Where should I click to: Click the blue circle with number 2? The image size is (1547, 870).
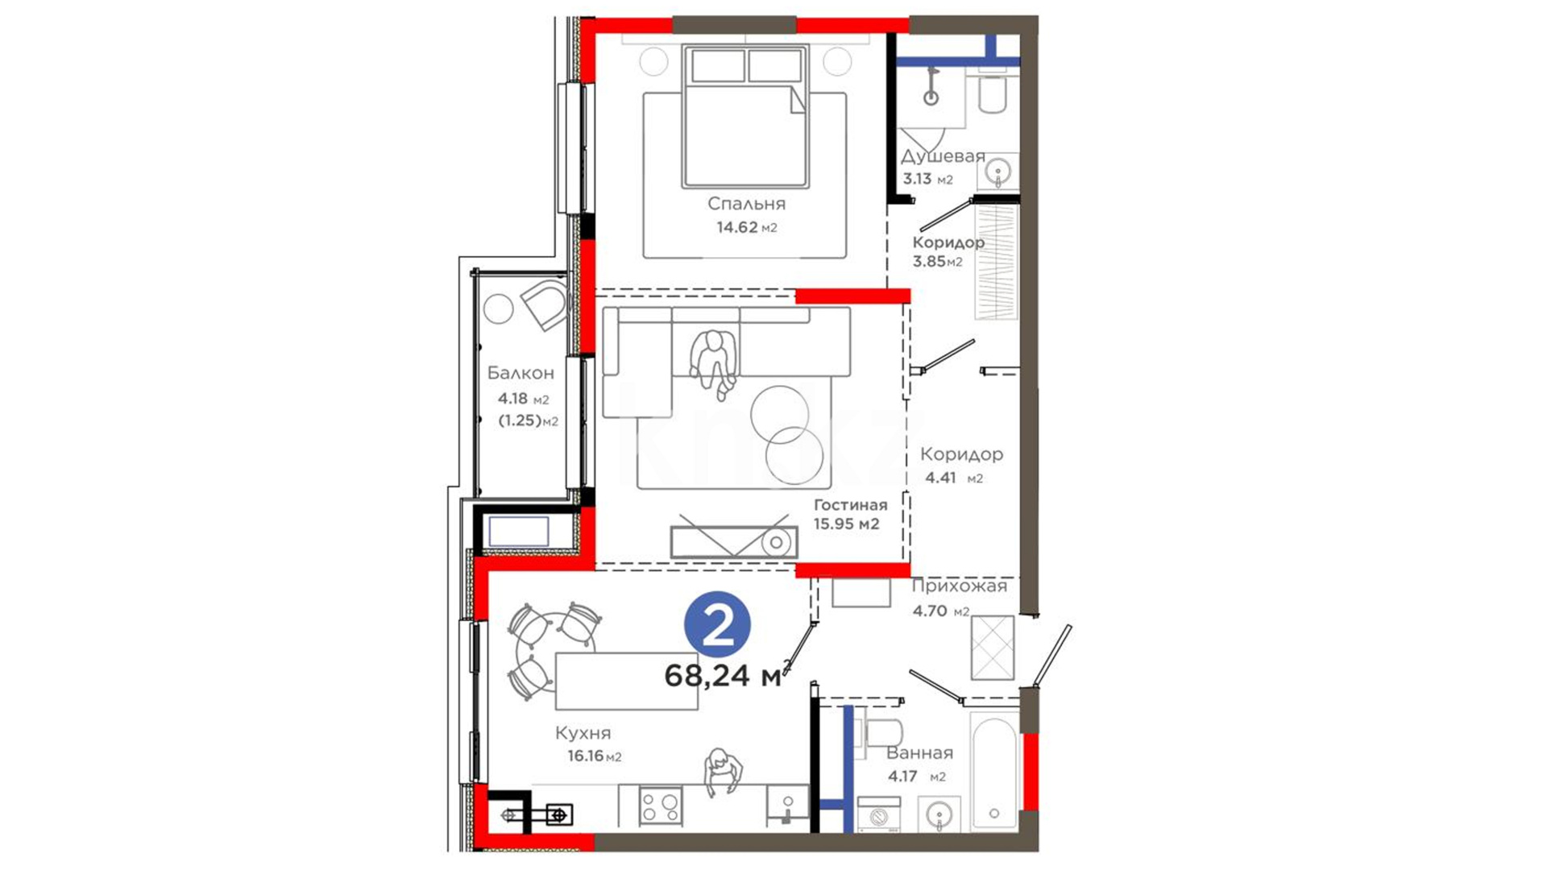click(x=717, y=624)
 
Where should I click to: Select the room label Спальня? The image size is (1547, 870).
click(x=747, y=204)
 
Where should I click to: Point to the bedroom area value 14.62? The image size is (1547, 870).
click(x=737, y=227)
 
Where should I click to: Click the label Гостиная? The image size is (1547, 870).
click(x=850, y=505)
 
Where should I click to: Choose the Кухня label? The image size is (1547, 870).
click(x=583, y=733)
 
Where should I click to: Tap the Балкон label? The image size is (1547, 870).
click(x=521, y=373)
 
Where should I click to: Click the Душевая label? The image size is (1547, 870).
click(x=943, y=157)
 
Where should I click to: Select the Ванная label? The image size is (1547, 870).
click(x=919, y=753)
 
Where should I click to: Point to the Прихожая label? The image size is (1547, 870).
click(x=960, y=586)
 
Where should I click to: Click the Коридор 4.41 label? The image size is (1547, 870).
click(x=962, y=454)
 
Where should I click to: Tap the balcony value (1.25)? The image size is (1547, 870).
click(x=520, y=420)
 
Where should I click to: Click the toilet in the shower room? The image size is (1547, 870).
click(x=991, y=93)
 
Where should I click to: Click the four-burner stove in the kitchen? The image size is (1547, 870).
click(x=661, y=806)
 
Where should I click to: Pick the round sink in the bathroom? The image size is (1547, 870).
click(x=939, y=815)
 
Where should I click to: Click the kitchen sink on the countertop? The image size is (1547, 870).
click(x=787, y=806)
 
